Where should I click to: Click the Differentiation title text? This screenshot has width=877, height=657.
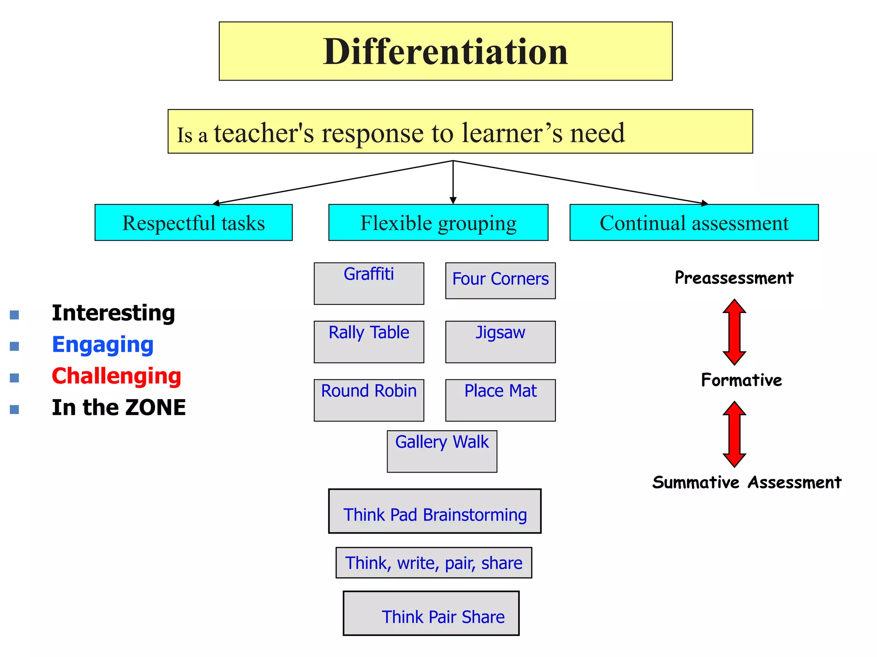[x=445, y=52]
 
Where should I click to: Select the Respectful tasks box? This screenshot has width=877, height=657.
[x=194, y=223]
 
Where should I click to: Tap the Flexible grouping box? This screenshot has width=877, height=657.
[x=438, y=223]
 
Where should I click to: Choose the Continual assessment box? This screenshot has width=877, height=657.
[x=694, y=223]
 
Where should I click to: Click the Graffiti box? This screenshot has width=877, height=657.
[x=369, y=284]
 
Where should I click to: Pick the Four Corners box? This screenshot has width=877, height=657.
[x=500, y=281]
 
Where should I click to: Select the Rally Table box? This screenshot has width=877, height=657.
[x=369, y=342]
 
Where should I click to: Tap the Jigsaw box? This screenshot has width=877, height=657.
[x=500, y=342]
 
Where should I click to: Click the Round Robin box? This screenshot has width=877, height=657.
[x=369, y=400]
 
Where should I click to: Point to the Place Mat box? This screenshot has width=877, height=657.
[x=500, y=400]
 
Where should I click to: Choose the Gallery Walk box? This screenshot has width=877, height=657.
[x=442, y=451]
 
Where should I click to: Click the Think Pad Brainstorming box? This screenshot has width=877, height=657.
[x=435, y=511]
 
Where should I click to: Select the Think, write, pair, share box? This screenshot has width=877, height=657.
[x=434, y=563]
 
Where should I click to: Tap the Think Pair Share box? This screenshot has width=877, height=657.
[x=431, y=613]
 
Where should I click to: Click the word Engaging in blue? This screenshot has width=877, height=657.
[x=103, y=345]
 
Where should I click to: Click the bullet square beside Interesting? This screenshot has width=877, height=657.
[x=15, y=315]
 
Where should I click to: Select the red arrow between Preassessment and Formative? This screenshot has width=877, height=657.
[x=734, y=332]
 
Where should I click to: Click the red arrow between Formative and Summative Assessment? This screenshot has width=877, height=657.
[x=734, y=434]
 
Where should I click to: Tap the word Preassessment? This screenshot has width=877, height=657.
[x=734, y=278]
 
